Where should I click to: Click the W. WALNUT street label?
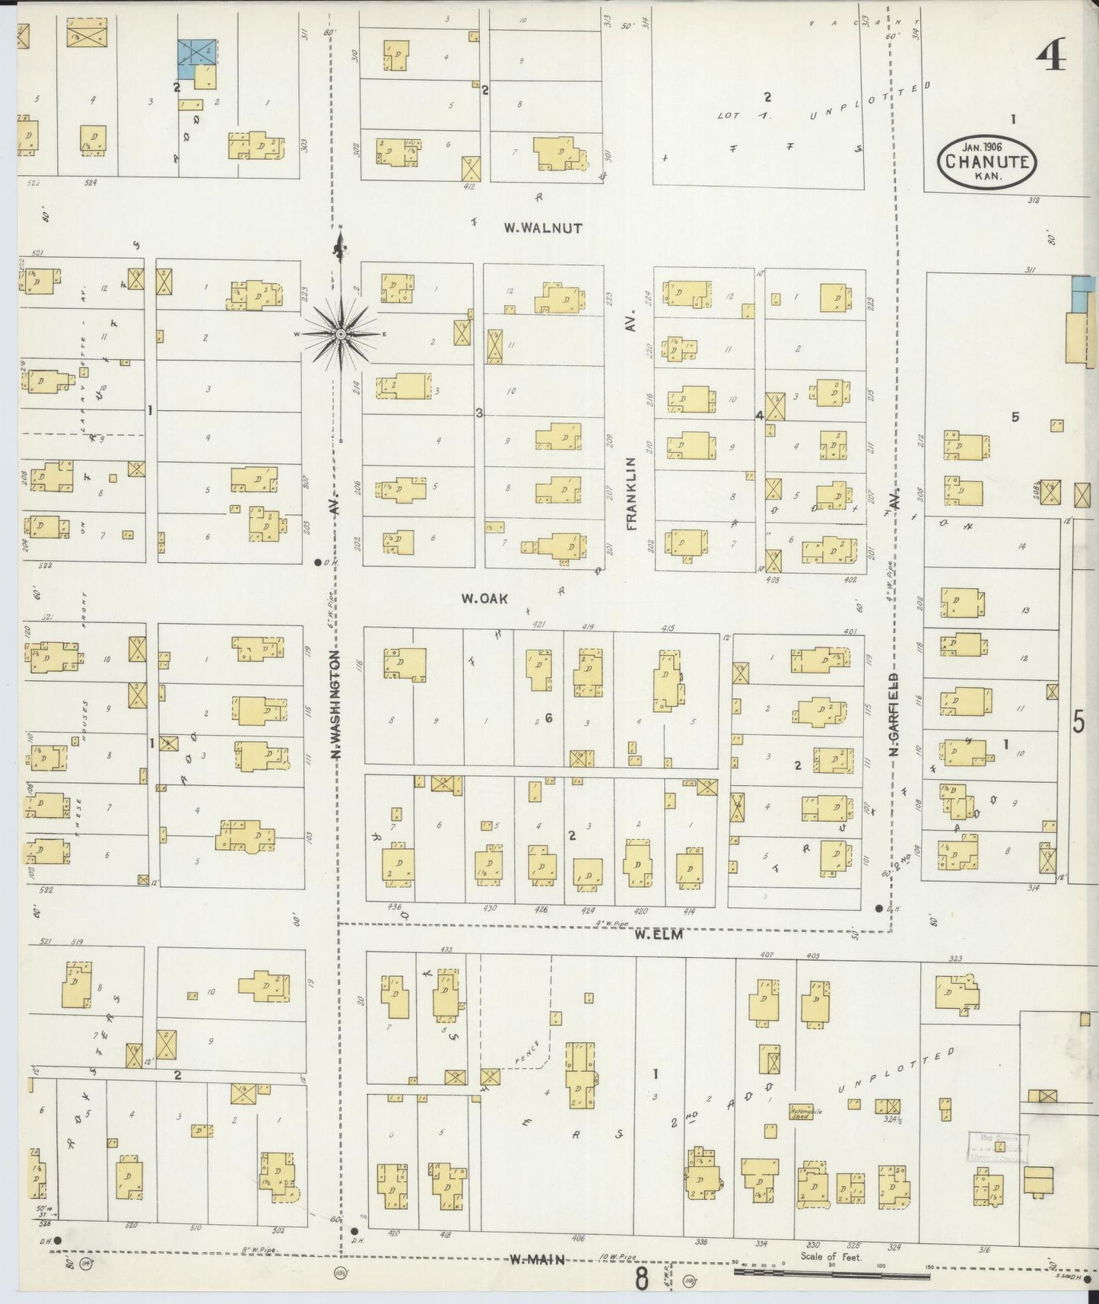point(543,227)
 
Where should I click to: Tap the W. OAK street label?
point(484,599)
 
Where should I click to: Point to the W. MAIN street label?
point(537,1260)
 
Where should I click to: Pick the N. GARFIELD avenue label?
point(894,714)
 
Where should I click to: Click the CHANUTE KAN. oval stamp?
point(987,161)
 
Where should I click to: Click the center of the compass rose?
point(341,334)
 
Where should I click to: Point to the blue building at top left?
point(197,52)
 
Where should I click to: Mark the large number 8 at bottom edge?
point(643,1280)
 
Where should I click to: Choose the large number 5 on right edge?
point(1078,720)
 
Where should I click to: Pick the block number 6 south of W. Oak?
point(548,717)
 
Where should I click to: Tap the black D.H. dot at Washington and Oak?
point(317,563)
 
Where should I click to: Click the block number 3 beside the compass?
point(479,413)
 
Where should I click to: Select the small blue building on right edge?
point(1079,294)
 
